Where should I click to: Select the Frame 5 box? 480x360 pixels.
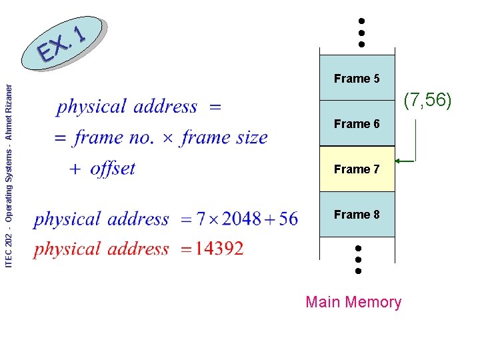(357, 79)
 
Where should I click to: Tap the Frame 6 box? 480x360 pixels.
(357, 124)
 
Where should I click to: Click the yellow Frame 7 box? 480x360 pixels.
(357, 169)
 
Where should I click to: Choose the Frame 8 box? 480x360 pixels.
(357, 215)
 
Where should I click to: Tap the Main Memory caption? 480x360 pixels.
(353, 302)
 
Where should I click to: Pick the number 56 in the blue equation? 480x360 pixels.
(288, 219)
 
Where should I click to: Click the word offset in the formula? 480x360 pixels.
(112, 169)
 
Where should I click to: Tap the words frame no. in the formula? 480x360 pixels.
(114, 138)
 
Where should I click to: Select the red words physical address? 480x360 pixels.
(101, 249)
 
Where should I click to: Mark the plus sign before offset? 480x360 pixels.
(76, 170)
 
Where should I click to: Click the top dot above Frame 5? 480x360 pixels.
(361, 21)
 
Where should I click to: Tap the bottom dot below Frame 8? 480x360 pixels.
(358, 271)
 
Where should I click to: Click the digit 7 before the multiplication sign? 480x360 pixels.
(201, 219)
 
